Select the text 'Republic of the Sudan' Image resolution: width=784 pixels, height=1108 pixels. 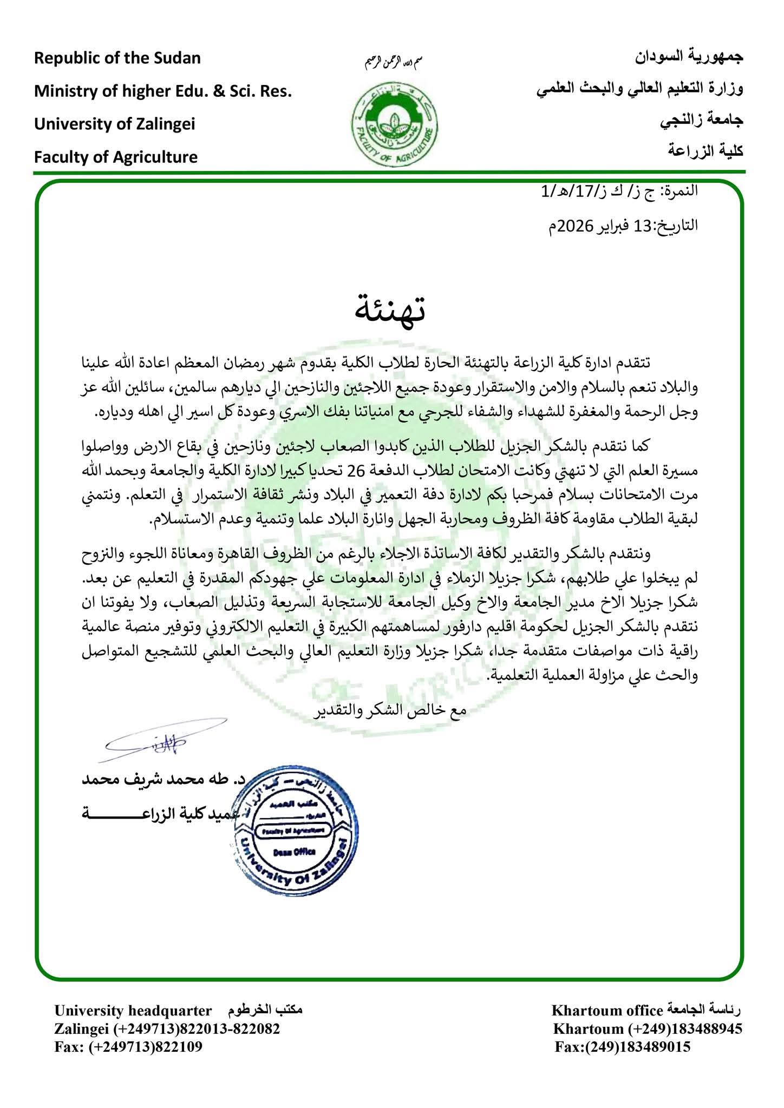pyautogui.click(x=117, y=58)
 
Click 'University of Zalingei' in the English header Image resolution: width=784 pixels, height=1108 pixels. pyautogui.click(x=115, y=124)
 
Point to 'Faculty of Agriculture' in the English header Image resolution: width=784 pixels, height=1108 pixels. pyautogui.click(x=116, y=157)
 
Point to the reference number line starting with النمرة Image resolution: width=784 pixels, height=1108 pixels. pyautogui.click(x=619, y=192)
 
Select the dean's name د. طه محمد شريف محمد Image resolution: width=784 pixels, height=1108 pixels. pyautogui.click(x=161, y=780)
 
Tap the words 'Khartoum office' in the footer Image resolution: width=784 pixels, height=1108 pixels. pyautogui.click(x=607, y=1011)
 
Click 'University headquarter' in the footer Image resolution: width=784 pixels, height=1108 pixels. pyautogui.click(x=133, y=1011)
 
